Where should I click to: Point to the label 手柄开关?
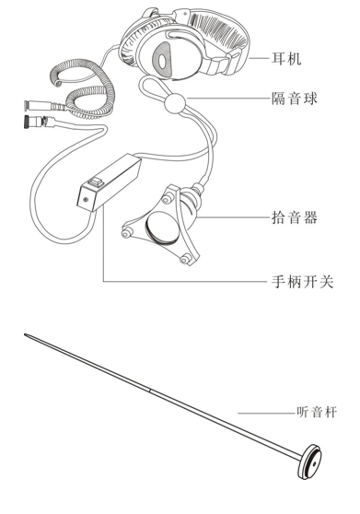[x=304, y=282]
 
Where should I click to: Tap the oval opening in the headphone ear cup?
[x=163, y=61]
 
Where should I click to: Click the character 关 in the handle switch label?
[x=331, y=282]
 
